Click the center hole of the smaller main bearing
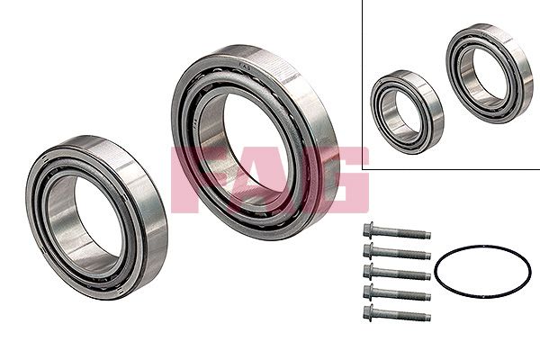tap(85, 214)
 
